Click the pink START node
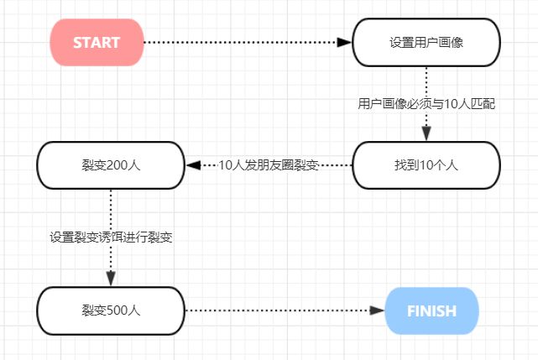[x=97, y=43]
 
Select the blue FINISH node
[x=431, y=310]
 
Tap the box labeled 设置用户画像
[x=426, y=43]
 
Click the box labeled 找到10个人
[x=426, y=165]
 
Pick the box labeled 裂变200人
[x=110, y=165]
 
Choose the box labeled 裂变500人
[x=110, y=310]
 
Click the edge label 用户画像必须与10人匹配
[x=426, y=104]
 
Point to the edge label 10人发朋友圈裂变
[x=269, y=165]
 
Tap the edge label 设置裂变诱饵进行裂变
[x=111, y=237]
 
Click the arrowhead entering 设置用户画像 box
[x=344, y=43]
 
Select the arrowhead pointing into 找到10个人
[x=426, y=134]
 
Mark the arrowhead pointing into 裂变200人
[x=193, y=165]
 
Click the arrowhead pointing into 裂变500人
[x=111, y=279]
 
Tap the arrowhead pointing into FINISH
[x=377, y=310]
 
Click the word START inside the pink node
[x=97, y=43]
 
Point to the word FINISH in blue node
[x=431, y=310]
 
